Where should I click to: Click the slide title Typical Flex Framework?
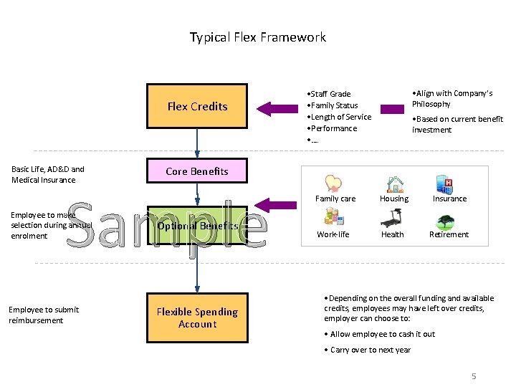click(x=257, y=37)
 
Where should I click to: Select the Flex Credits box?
click(x=197, y=106)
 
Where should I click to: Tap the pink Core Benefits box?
click(x=197, y=171)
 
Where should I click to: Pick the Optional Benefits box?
click(x=197, y=226)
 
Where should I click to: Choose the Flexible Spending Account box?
click(x=197, y=317)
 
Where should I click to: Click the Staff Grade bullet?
click(x=329, y=94)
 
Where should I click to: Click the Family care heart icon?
click(x=333, y=183)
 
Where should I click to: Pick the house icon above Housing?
click(x=393, y=183)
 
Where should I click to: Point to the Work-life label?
click(x=333, y=234)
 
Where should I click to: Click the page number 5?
click(x=474, y=376)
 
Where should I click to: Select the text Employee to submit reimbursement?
click(x=44, y=315)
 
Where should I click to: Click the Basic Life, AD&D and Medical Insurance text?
click(x=48, y=174)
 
